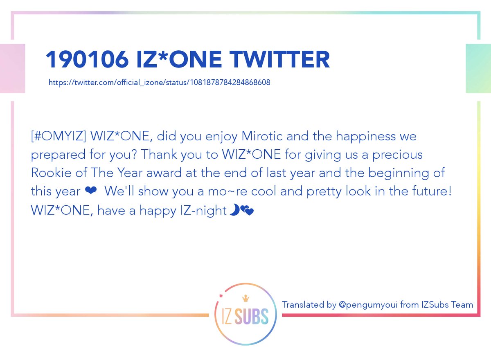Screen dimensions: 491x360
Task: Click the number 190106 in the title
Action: tap(87, 59)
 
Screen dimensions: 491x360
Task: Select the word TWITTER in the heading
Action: tap(280, 59)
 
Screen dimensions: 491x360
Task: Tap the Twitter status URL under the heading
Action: tap(159, 83)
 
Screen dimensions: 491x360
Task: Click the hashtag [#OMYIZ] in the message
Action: tap(59, 136)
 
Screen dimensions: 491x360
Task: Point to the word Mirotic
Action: tap(262, 136)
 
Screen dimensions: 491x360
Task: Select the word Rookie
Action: tap(51, 173)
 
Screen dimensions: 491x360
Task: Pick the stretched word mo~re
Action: tap(227, 191)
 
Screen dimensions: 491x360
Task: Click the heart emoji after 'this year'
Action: tap(90, 190)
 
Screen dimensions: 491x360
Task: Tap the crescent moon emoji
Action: tap(234, 210)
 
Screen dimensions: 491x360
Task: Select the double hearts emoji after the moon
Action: tap(247, 211)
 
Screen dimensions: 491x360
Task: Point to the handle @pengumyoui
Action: tap(368, 305)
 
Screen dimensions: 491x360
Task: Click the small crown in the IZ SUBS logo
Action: tap(245, 298)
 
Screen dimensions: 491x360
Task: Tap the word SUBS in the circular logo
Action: tap(251, 316)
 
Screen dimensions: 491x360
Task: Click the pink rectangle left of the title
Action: tap(13, 68)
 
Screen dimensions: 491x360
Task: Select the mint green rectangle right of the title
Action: tap(478, 68)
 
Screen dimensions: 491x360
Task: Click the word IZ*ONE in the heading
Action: tap(179, 59)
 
